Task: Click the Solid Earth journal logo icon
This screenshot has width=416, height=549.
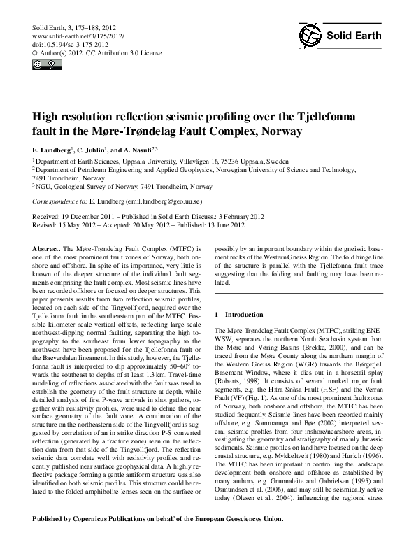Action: [x=310, y=35]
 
